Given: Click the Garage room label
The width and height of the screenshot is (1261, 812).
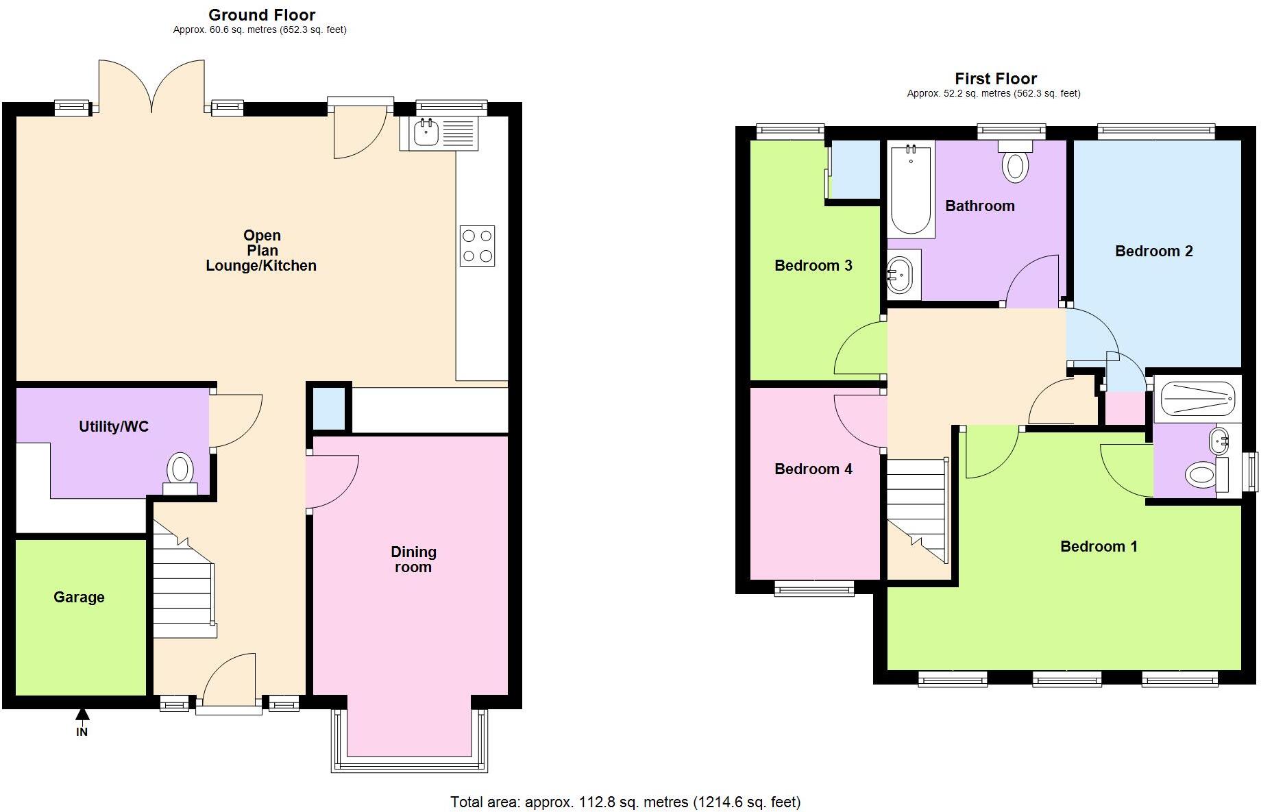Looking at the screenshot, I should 79,597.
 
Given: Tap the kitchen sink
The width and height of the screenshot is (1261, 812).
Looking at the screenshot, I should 426,132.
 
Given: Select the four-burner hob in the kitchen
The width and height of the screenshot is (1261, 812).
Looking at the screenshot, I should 477,246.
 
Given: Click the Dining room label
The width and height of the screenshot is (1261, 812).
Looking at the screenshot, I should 413,559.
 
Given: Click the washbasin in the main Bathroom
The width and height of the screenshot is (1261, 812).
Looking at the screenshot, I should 901,275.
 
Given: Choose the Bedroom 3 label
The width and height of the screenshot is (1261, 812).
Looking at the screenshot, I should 813,266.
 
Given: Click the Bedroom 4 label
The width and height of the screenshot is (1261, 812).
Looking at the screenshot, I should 813,469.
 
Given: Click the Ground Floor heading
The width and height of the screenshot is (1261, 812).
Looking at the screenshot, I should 262,15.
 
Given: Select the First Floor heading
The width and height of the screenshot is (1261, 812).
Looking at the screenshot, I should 995,79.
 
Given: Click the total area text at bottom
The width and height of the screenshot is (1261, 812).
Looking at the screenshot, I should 625,802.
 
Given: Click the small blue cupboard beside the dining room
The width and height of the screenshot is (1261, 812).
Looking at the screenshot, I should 329,409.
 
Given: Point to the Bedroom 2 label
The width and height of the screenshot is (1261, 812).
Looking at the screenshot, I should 1153,251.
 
